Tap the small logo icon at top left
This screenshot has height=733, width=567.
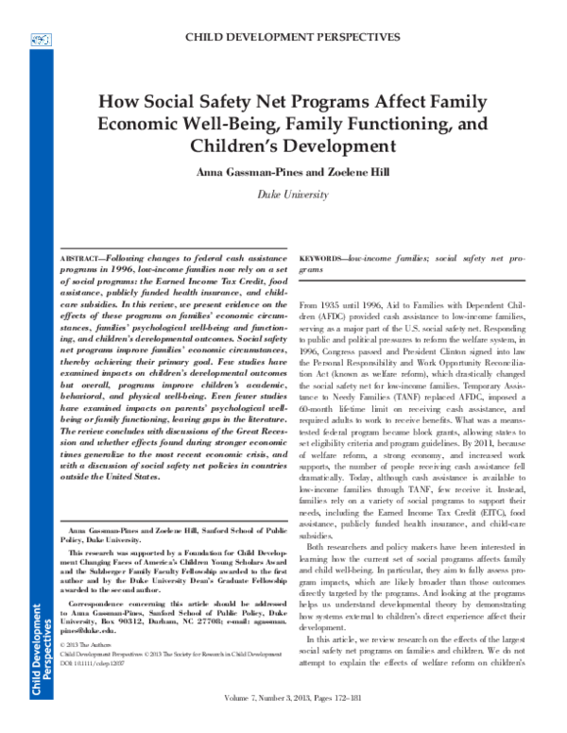[x=41, y=39]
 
